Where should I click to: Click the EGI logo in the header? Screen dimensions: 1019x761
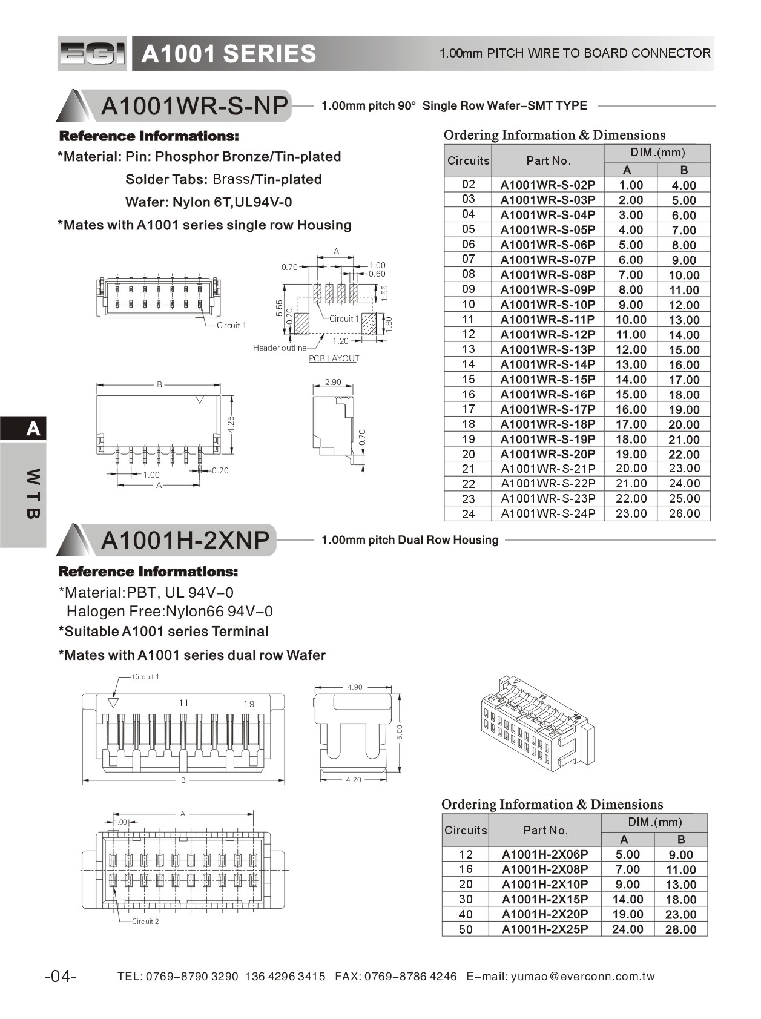(93, 54)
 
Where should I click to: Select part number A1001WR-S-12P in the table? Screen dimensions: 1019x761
(548, 334)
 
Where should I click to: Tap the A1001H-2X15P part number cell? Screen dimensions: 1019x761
(545, 899)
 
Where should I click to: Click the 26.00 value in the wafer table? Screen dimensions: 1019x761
(684, 513)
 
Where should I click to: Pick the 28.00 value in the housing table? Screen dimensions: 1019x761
(680, 929)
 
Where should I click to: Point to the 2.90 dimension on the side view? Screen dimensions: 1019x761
(333, 383)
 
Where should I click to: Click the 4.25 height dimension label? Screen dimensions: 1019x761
(231, 424)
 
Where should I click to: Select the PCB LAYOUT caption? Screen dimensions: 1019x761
(334, 358)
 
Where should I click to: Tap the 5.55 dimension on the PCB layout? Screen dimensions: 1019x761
(279, 308)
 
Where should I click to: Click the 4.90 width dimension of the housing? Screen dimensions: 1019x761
(355, 687)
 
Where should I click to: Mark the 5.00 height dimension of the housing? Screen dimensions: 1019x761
(400, 732)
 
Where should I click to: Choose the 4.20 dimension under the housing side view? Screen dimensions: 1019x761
(354, 780)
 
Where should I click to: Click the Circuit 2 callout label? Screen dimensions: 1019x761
(145, 922)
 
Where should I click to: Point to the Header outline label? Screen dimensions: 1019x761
(279, 348)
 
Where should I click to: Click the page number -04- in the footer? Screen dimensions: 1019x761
(61, 977)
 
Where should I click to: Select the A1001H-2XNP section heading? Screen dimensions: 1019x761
(185, 540)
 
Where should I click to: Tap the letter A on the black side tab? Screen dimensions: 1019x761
(33, 429)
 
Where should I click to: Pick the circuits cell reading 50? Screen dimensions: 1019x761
(466, 929)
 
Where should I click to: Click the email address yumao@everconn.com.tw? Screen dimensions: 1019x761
(582, 977)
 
